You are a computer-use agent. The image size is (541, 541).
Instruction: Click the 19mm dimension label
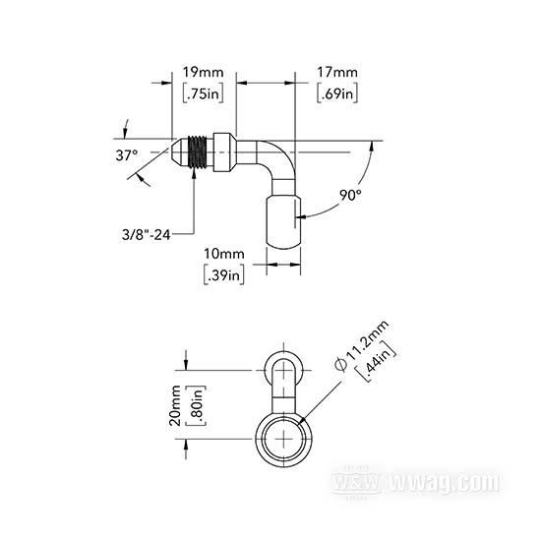[203, 73]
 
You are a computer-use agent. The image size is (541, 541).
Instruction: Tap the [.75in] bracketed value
[203, 93]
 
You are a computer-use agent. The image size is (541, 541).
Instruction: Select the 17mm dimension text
[337, 73]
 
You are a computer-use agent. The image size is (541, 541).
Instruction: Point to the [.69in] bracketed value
[337, 93]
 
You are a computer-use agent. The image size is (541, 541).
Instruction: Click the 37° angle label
[127, 155]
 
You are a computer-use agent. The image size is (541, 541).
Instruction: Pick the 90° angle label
[350, 196]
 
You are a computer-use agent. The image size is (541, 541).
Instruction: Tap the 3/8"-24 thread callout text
[147, 235]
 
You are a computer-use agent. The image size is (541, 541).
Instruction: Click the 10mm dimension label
[224, 254]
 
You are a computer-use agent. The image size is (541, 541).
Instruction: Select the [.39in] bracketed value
[224, 275]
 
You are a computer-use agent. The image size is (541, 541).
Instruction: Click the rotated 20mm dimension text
[175, 405]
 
